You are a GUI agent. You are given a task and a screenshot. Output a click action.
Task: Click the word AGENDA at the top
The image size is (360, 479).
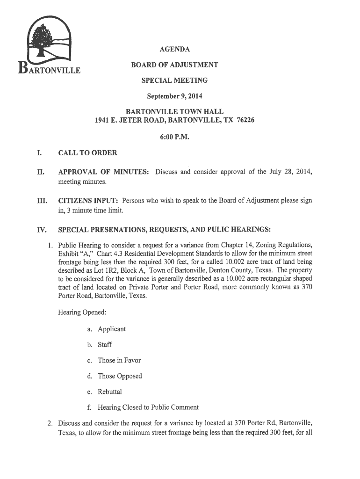click(x=174, y=50)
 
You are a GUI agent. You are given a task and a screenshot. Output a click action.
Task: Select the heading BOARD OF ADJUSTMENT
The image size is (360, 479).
click(x=174, y=65)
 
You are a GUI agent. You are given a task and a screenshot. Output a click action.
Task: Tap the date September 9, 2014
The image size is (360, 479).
click(x=174, y=96)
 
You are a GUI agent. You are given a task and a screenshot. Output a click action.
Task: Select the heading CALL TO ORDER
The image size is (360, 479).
click(x=87, y=153)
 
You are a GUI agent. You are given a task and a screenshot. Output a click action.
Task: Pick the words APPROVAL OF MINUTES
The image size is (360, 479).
click(x=103, y=173)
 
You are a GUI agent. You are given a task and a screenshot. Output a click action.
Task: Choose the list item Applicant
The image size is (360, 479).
click(x=112, y=329)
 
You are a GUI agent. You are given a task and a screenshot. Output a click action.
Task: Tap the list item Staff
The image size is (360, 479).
click(x=105, y=345)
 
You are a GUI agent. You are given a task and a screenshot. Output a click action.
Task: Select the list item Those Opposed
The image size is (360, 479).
click(x=120, y=376)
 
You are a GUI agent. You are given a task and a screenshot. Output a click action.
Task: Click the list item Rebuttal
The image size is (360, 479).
click(x=111, y=392)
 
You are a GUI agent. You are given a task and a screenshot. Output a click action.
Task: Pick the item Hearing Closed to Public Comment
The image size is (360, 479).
click(x=148, y=407)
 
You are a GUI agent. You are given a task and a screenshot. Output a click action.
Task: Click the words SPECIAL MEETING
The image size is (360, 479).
click(x=174, y=80)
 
